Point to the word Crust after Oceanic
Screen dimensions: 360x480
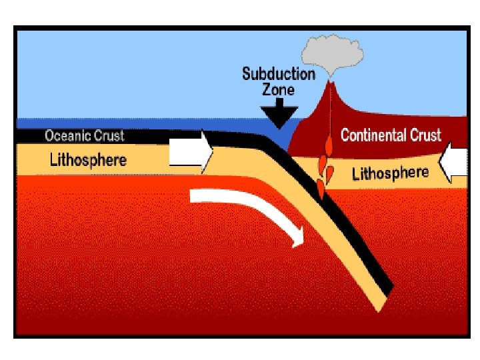pos(107,136)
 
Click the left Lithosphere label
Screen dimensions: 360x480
pos(88,160)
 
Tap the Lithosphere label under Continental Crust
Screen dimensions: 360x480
pos(390,173)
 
